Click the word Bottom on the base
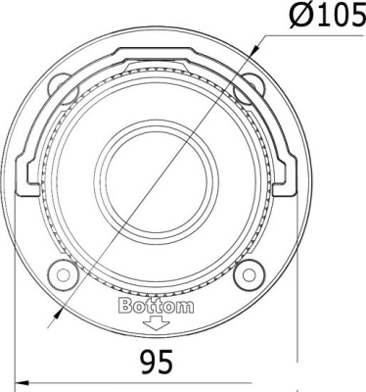tap(156, 306)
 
